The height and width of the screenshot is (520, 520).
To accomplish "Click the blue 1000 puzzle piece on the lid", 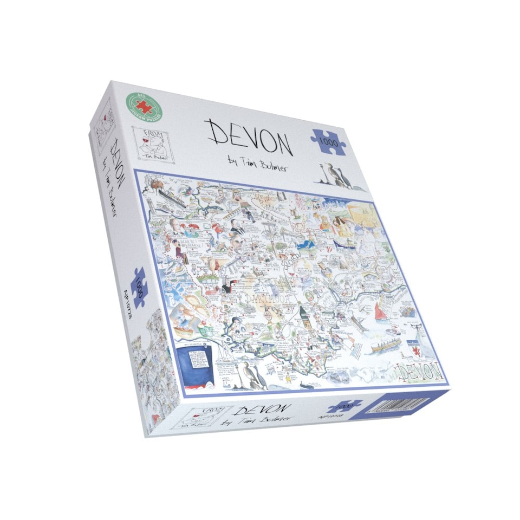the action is pyautogui.click(x=329, y=141).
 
